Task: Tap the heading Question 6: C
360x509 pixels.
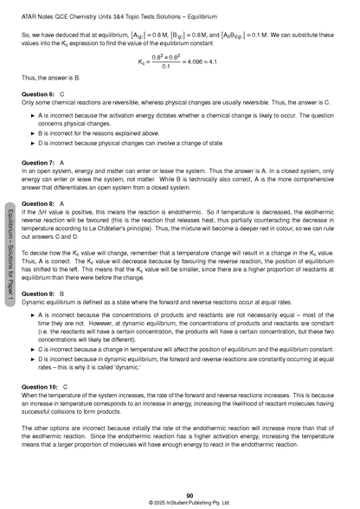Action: click(x=40, y=93)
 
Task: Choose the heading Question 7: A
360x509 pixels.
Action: click(x=40, y=163)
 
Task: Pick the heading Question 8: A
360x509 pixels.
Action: click(x=40, y=202)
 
